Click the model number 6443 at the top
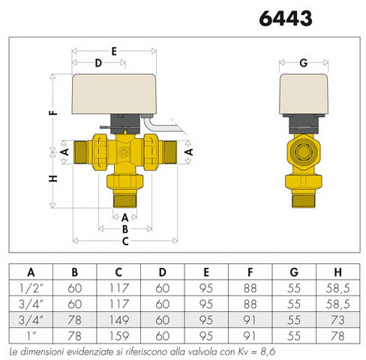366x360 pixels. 286,19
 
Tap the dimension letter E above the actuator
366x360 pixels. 114,51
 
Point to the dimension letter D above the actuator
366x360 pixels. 98,63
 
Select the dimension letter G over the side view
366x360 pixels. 304,63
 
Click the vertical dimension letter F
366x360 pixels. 53,112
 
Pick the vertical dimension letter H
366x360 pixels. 53,178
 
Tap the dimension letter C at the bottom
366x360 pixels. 125,241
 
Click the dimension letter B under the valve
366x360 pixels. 125,229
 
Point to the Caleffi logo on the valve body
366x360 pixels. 124,151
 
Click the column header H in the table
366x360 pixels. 337,272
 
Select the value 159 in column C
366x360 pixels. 119,336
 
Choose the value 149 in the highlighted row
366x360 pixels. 119,320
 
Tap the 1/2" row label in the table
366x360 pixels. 31,288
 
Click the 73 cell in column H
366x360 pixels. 337,320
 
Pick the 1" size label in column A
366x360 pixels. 31,336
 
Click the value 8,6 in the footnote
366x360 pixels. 268,352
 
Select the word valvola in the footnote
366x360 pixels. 200,352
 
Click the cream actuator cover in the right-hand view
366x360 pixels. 304,94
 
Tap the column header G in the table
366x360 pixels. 294,272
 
